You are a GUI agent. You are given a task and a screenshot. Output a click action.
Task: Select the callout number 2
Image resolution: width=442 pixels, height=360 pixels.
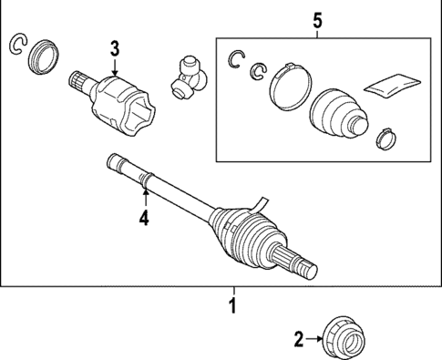click(298, 340)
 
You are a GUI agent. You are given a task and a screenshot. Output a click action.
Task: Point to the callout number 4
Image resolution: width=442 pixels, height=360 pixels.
click(143, 217)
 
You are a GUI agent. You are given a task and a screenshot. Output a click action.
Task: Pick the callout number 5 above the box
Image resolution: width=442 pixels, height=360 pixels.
click(316, 18)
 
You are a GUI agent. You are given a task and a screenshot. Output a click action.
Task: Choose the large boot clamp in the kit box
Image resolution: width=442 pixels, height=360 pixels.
click(288, 81)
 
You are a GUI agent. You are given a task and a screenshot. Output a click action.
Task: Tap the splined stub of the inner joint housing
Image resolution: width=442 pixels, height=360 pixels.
click(80, 82)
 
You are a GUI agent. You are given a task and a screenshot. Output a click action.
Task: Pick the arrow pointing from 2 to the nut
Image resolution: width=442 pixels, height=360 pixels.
click(315, 340)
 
